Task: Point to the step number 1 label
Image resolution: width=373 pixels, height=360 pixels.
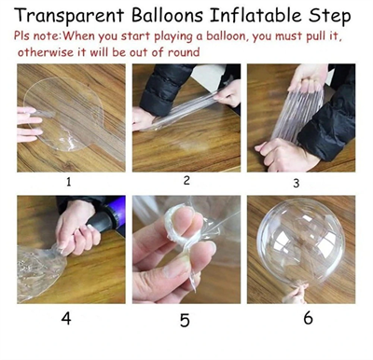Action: pyautogui.click(x=68, y=182)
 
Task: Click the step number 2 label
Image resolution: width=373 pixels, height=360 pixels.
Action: pyautogui.click(x=186, y=180)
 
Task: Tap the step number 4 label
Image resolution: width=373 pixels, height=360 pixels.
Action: pyautogui.click(x=66, y=318)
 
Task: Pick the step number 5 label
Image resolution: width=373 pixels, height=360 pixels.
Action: pyautogui.click(x=185, y=320)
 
